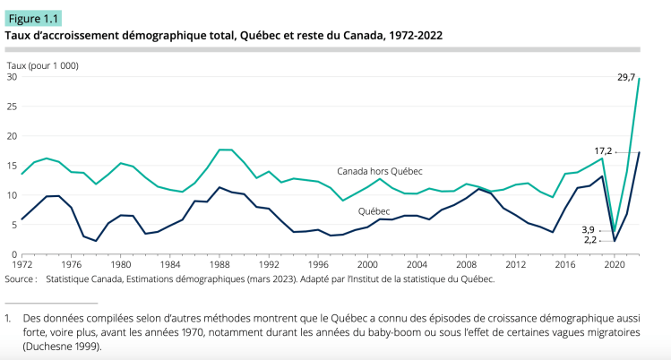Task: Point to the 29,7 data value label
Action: pos(626,78)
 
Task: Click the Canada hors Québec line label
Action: pos(379,170)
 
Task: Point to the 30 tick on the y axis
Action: pos(12,77)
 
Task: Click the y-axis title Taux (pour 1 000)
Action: pos(42,65)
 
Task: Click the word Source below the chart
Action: pos(22,279)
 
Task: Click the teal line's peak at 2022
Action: pos(639,79)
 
